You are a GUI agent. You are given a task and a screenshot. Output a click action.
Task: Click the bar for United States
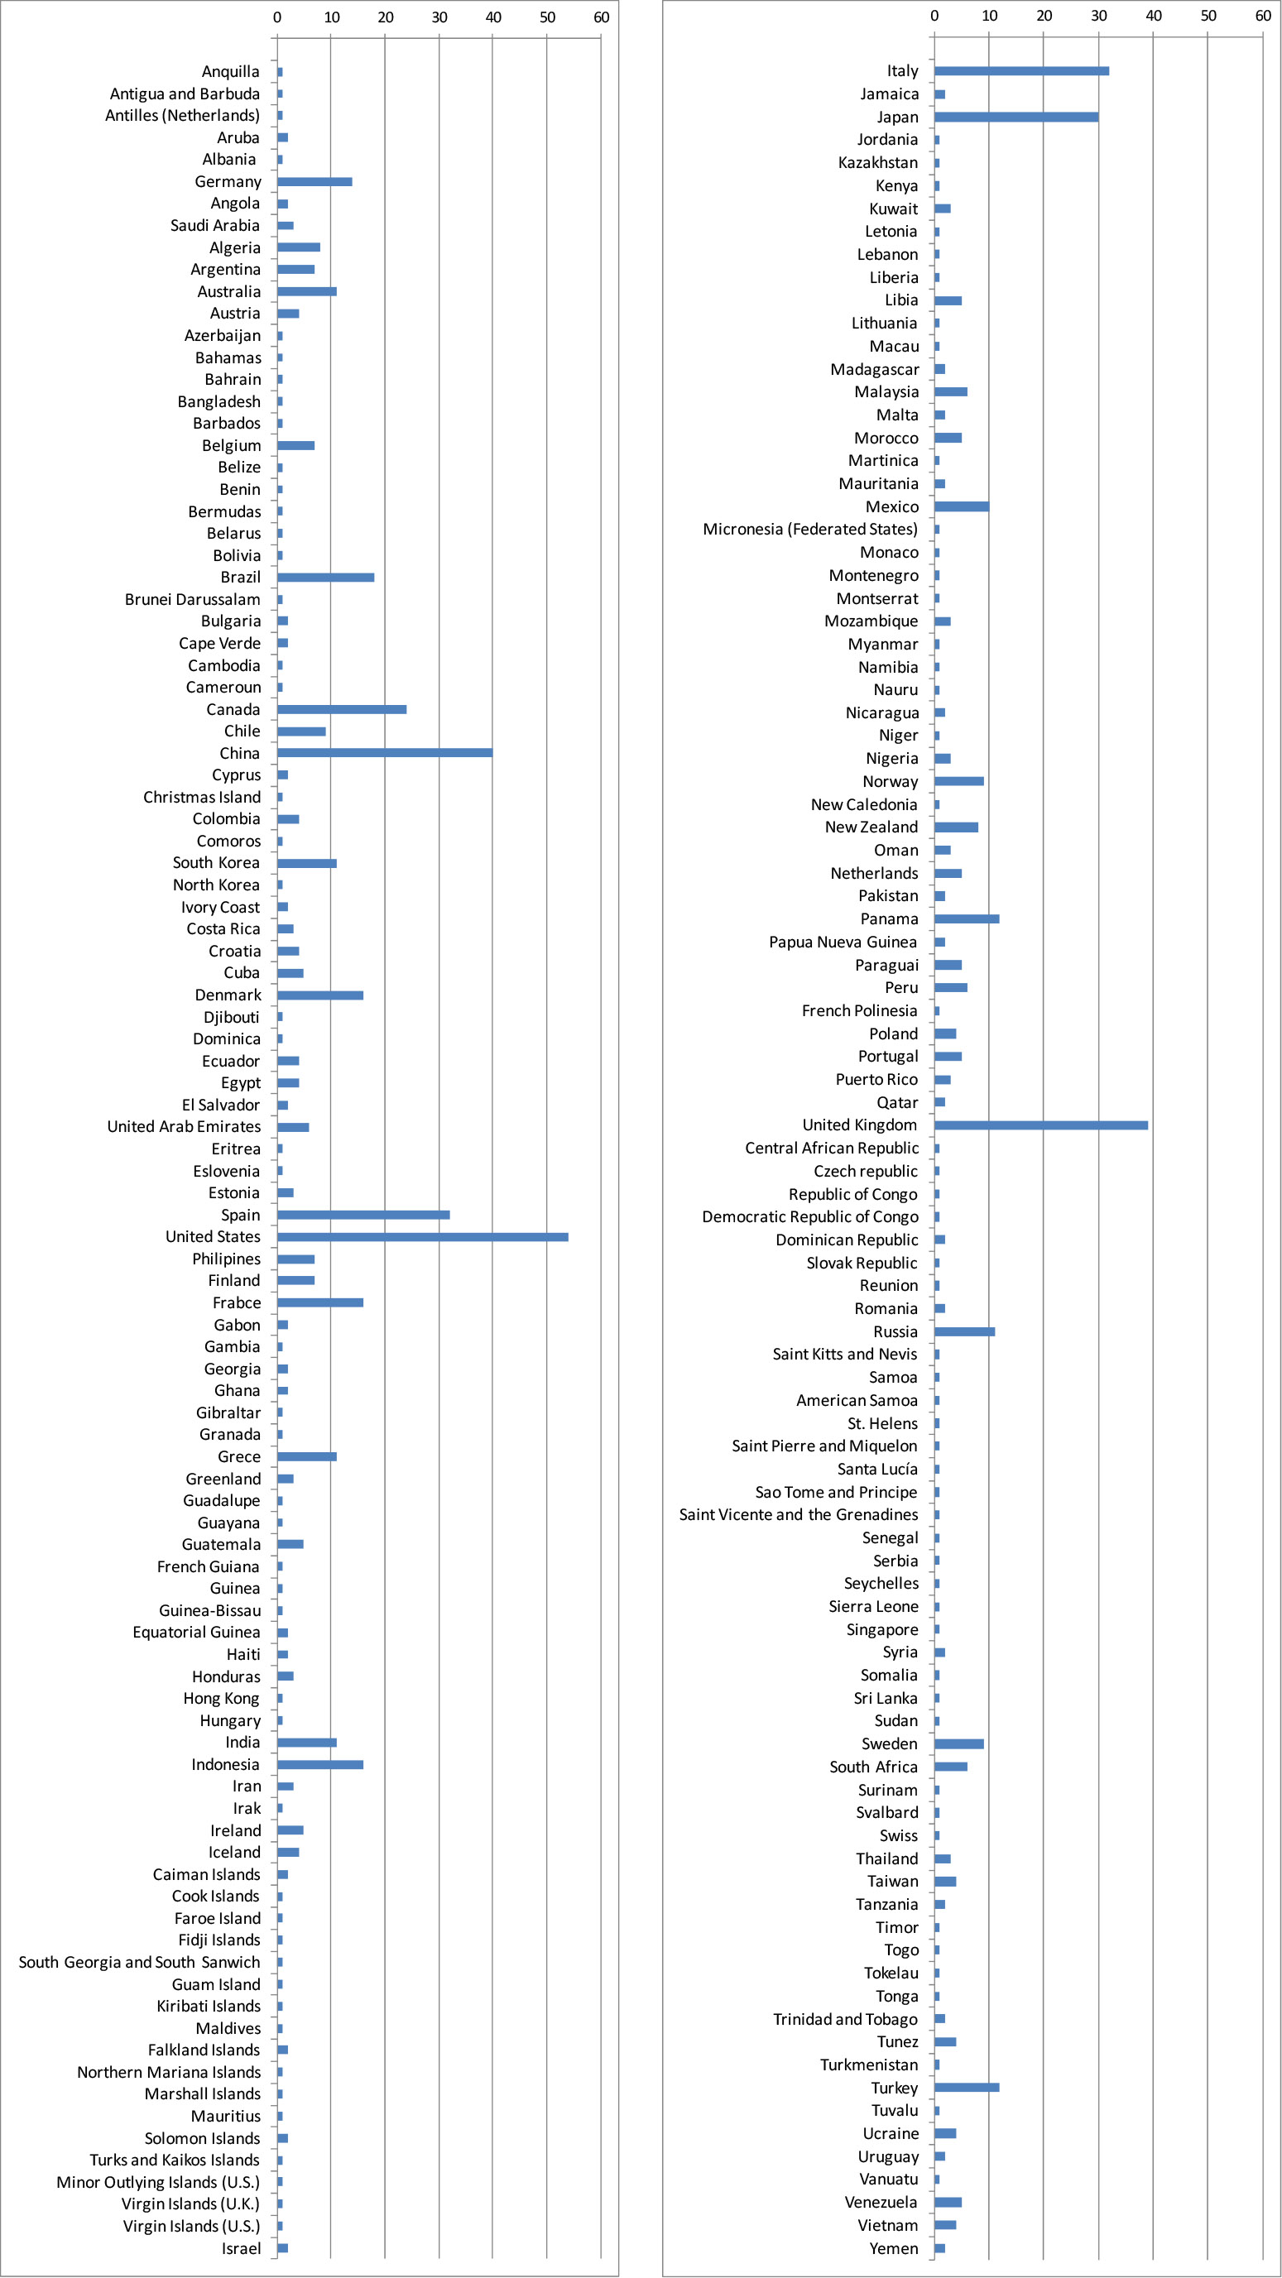point(423,1237)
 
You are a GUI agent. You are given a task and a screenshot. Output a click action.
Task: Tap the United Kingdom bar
point(1041,1125)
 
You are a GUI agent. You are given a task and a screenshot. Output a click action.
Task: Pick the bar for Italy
point(1022,70)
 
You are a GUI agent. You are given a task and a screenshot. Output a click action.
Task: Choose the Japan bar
point(1016,117)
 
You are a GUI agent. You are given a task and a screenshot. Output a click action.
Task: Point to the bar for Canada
point(343,709)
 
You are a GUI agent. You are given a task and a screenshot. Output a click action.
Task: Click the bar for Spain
point(363,1215)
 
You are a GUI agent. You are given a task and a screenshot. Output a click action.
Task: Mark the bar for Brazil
point(325,578)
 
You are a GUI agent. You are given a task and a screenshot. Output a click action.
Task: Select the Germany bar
point(315,181)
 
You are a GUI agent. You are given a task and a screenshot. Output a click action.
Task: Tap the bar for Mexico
point(962,506)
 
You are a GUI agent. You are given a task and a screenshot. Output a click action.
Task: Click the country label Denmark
point(228,995)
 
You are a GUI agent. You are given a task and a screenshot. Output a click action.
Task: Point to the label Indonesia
point(226,1764)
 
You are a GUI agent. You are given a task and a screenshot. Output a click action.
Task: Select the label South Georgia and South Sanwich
point(140,1962)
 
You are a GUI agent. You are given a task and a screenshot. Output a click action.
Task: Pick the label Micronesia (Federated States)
point(810,529)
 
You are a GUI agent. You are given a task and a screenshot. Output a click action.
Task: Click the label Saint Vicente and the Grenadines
point(799,1515)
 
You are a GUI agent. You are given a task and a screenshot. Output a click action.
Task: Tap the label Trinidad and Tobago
point(846,2019)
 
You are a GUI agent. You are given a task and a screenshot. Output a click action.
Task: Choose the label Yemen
point(894,2248)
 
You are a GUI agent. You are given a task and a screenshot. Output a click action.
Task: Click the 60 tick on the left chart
point(602,17)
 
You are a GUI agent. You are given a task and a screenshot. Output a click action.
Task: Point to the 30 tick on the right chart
point(1099,15)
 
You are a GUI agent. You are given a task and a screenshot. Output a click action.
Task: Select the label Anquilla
point(231,72)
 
